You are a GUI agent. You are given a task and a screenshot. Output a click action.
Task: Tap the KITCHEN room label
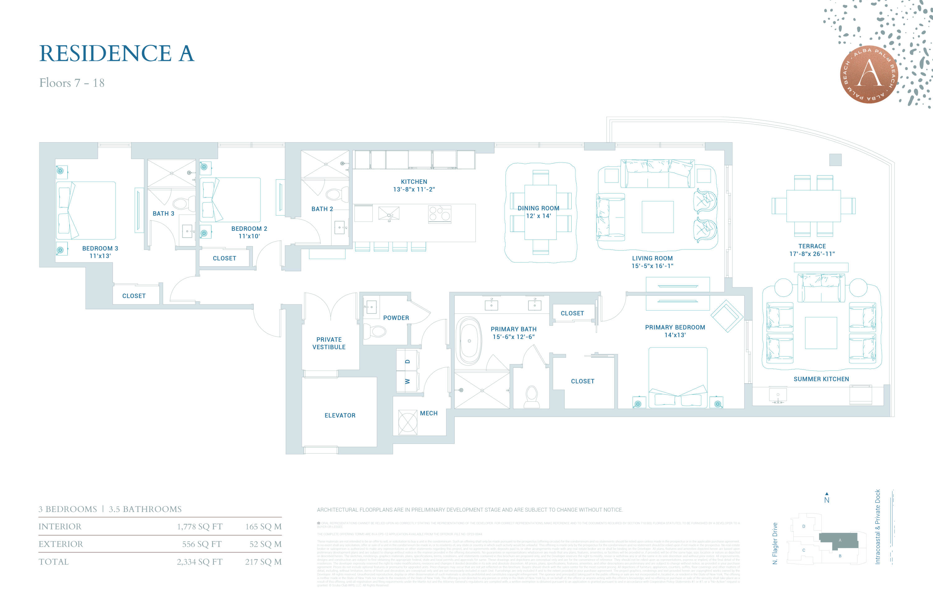click(414, 182)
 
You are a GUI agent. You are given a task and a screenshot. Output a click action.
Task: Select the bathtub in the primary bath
click(469, 341)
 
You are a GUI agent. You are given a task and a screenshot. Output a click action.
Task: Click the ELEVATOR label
click(340, 415)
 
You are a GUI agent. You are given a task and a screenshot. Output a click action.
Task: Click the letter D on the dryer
click(407, 361)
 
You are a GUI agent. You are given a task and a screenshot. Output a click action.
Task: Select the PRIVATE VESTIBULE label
click(329, 343)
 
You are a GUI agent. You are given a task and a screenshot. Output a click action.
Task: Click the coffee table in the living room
click(657, 217)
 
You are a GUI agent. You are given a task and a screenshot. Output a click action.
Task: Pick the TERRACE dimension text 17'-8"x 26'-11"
click(812, 254)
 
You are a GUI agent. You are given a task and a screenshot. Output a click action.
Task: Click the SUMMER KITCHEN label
click(821, 379)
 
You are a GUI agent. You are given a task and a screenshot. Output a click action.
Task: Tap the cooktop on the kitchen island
click(439, 214)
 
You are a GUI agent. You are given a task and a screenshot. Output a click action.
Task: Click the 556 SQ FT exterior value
click(202, 544)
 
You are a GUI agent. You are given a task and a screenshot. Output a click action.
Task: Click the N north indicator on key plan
click(827, 500)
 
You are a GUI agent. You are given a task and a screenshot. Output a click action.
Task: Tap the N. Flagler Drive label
click(775, 543)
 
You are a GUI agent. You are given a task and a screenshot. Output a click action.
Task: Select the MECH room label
click(429, 413)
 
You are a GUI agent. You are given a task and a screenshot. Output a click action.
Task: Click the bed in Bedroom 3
click(86, 210)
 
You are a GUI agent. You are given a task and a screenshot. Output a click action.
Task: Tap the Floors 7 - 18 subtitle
click(72, 83)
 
